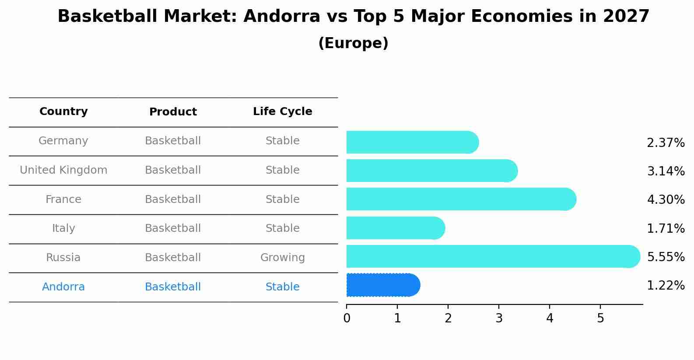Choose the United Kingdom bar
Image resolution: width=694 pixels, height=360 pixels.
pos(431,171)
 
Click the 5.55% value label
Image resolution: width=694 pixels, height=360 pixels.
pos(666,257)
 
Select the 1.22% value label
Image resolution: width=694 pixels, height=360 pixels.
pos(666,286)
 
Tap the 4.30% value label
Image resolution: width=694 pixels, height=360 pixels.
pos(666,200)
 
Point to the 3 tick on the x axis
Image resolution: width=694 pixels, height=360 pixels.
pos(499,318)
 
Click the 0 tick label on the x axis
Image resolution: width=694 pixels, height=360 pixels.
pos(347,318)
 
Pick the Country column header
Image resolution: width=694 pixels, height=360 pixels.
pos(63,112)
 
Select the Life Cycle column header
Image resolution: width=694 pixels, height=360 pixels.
pos(282,112)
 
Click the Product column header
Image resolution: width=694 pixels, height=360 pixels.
pos(173,112)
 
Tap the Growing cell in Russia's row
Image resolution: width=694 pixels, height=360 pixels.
pos(282,258)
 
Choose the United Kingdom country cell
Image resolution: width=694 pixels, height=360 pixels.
pos(63,170)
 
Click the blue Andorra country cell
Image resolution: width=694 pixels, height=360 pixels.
pos(63,287)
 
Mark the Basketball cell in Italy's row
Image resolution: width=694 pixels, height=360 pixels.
pos(173,228)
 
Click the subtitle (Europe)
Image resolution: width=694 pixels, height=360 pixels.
pos(353,43)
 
